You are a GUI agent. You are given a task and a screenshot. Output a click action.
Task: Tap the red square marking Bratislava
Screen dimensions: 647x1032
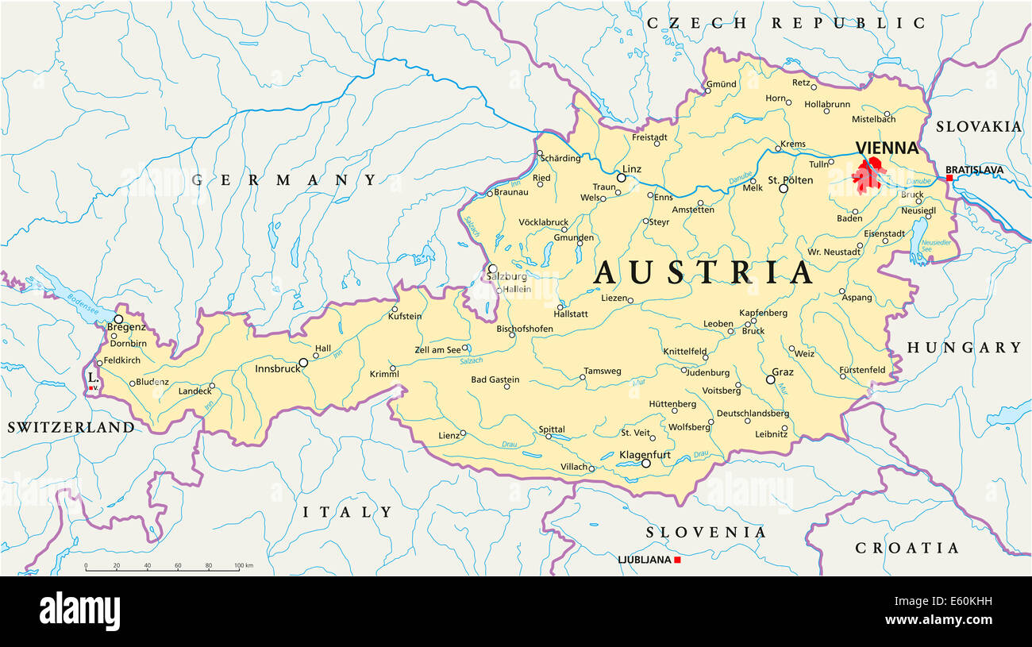pos(949,178)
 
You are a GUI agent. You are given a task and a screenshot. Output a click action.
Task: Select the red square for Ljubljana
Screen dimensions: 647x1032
pos(677,560)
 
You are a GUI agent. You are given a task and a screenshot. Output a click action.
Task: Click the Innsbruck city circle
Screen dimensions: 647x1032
pos(302,363)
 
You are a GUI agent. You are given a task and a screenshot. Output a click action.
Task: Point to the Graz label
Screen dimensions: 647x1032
pos(783,372)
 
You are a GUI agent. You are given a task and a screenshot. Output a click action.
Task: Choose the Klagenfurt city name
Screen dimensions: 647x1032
pos(645,455)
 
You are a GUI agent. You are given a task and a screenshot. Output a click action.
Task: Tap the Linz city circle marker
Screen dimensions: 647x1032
pos(622,178)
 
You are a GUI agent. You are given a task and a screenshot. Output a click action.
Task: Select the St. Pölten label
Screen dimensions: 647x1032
pos(791,180)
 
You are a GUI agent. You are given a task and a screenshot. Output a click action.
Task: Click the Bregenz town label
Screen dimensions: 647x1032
pos(126,326)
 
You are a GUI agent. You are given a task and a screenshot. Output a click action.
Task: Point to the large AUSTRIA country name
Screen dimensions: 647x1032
pos(703,273)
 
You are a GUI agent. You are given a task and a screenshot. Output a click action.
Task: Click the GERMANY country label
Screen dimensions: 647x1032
pos(284,180)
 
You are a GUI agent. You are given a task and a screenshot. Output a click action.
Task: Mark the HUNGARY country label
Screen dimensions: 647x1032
pos(964,347)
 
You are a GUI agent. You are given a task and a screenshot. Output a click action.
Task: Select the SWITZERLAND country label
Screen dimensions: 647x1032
pos(71,427)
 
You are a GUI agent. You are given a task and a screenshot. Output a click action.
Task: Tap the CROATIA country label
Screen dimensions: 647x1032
pos(907,548)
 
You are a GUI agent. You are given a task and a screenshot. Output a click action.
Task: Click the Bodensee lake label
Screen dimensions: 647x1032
pos(82,299)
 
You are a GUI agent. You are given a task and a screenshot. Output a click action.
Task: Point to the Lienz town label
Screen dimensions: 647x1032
pos(449,434)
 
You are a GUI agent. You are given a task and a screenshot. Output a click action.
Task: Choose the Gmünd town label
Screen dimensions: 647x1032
pos(722,84)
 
